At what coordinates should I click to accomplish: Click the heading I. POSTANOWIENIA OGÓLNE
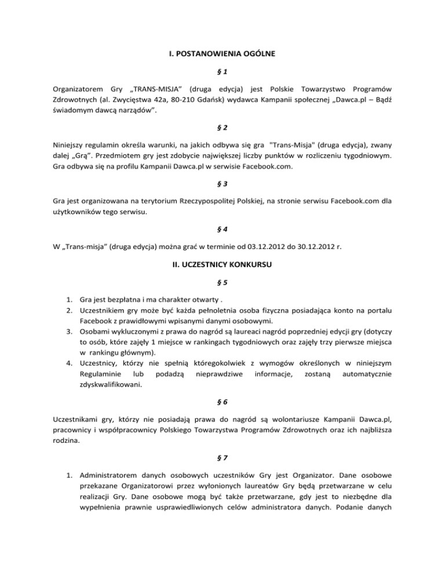click(222, 55)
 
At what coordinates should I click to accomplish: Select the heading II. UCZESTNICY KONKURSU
click(222, 269)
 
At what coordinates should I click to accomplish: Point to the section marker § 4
click(222, 229)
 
